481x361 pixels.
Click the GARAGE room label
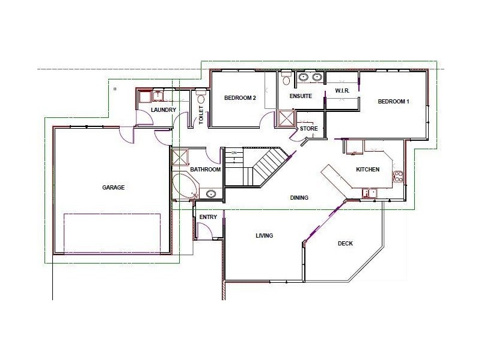click(113, 187)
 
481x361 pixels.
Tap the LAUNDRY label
click(164, 110)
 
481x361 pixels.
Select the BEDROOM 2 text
click(240, 98)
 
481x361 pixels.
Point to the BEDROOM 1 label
click(393, 101)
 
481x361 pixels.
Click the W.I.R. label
click(342, 91)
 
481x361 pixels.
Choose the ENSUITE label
click(301, 96)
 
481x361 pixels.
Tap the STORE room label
click(308, 128)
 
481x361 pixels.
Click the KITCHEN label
click(367, 170)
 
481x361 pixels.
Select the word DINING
click(299, 198)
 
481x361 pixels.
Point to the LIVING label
click(264, 235)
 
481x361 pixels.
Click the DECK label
click(345, 244)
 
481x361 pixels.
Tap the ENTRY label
click(208, 217)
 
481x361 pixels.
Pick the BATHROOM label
click(205, 170)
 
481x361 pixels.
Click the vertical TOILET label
click(201, 115)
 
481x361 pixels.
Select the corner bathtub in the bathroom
click(185, 187)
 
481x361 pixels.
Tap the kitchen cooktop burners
click(398, 176)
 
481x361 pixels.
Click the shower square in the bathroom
click(180, 157)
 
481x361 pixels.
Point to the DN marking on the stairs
click(234, 153)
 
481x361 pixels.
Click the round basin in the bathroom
click(211, 194)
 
